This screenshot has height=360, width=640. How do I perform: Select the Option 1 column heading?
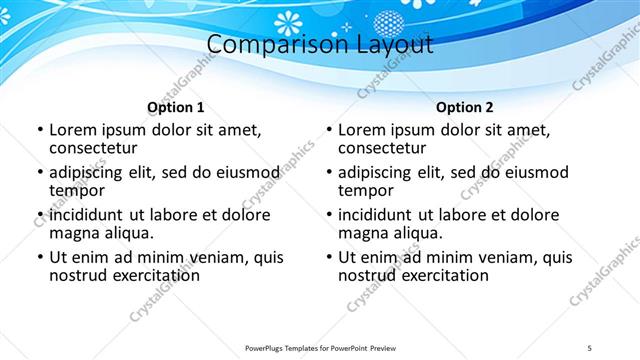176,107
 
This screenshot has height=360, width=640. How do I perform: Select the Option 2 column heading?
465,107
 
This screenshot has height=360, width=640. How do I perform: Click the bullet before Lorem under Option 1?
39,130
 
